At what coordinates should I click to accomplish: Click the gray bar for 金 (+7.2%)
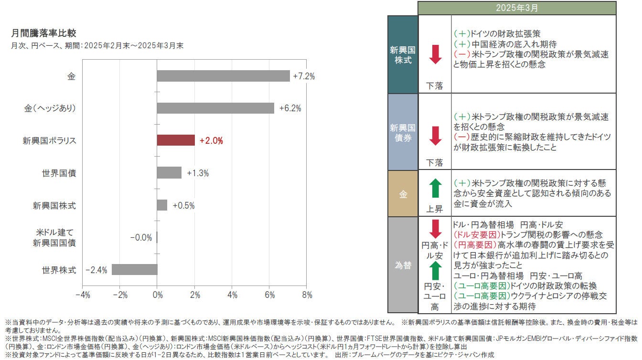point(223,76)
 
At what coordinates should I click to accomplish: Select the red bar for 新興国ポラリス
point(176,140)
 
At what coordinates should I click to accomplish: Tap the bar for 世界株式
point(134,270)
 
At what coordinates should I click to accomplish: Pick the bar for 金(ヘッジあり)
point(215,108)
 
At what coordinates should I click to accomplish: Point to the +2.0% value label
point(211,141)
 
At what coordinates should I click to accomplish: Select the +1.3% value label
point(198,173)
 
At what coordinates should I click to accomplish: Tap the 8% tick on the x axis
point(307,295)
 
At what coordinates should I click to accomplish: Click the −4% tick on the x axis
point(83,295)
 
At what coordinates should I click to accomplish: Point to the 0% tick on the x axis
point(157,295)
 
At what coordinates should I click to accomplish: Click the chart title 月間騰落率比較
point(43,33)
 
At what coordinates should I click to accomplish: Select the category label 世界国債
point(59,173)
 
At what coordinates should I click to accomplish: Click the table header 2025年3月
point(517,8)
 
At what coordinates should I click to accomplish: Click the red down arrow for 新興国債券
point(435,135)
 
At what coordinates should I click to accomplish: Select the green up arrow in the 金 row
point(435,188)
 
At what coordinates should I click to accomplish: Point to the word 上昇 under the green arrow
point(435,209)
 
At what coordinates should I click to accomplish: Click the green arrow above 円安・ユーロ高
point(435,270)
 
